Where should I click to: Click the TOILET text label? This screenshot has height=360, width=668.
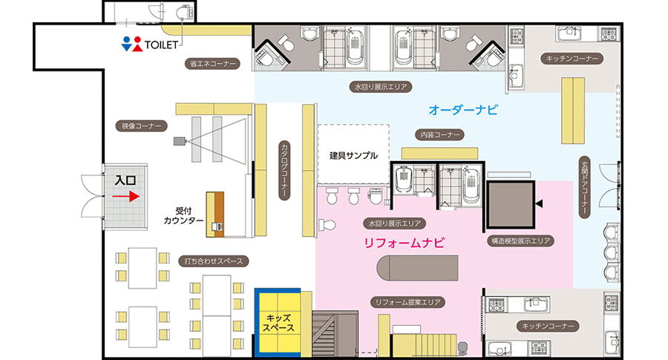click(x=161, y=45)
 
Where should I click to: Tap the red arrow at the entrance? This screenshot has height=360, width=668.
click(x=125, y=197)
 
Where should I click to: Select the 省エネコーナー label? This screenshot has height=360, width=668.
click(x=212, y=64)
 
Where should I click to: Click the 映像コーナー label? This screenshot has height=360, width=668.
click(x=142, y=126)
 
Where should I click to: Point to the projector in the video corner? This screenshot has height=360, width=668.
click(x=180, y=140)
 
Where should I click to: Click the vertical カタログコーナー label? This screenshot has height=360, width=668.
click(x=284, y=169)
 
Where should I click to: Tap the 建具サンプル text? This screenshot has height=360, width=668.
click(x=353, y=155)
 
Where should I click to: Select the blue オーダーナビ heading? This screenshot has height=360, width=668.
click(x=463, y=110)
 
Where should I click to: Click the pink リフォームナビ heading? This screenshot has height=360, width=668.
click(x=405, y=243)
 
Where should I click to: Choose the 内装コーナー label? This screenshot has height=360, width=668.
click(x=439, y=134)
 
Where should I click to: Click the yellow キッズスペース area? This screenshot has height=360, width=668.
click(x=278, y=323)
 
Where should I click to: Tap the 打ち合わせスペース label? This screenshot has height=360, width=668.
click(x=214, y=261)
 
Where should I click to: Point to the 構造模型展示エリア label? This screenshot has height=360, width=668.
click(x=520, y=241)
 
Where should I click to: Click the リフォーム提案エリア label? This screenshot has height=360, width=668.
click(x=407, y=303)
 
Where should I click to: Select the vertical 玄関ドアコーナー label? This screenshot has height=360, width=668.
click(x=585, y=188)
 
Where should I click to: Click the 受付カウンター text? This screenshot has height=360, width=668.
click(x=183, y=215)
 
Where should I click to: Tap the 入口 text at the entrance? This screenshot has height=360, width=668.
click(x=125, y=180)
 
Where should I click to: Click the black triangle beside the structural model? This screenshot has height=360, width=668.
click(x=540, y=203)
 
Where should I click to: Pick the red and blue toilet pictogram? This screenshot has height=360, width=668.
click(x=131, y=44)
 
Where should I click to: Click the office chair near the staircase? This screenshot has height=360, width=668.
click(x=462, y=348)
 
